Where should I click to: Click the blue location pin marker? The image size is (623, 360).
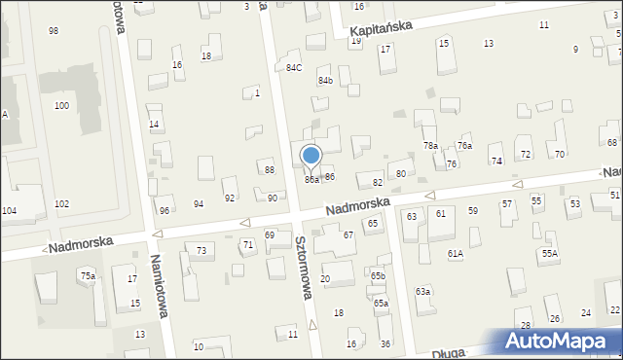pos(311,157)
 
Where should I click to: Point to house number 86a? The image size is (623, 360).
pos(311,180)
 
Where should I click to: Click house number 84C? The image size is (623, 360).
pos(294,67)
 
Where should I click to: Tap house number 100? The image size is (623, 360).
pos(61,105)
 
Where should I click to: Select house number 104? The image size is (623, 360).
pos(9,210)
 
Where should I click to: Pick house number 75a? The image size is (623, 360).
pos(88,276)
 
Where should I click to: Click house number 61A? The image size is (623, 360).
pos(455,253)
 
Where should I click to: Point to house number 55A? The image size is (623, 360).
pos(550,253)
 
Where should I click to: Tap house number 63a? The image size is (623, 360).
pos(422,292)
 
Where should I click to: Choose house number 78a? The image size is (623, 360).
pos(430,145)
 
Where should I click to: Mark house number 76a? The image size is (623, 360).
pos(465,145)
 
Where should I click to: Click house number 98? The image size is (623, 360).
pos(54,31)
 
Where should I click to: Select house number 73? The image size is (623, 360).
pos(201,251)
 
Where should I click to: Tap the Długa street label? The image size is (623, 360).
pos(449,353)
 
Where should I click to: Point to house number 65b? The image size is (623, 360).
pos(378,276)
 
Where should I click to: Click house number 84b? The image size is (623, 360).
pos(325,81)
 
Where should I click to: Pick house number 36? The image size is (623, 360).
pos(385,344)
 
